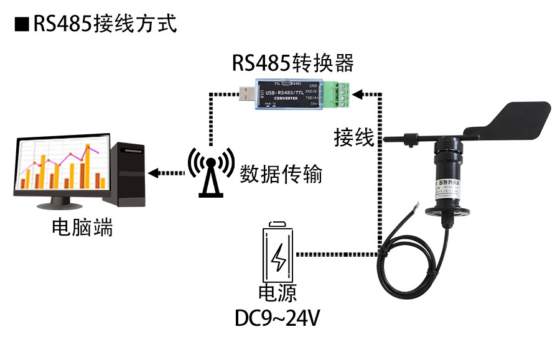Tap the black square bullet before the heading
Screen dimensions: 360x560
[22, 24]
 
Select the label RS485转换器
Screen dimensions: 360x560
[292, 63]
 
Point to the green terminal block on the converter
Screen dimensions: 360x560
[341, 95]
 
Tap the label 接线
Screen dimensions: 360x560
[353, 137]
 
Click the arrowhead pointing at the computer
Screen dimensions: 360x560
[154, 173]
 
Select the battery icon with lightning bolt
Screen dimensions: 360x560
[278, 256]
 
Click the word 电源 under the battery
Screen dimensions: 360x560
[278, 295]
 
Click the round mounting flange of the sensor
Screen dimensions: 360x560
[449, 211]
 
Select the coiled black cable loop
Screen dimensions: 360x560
[411, 267]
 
